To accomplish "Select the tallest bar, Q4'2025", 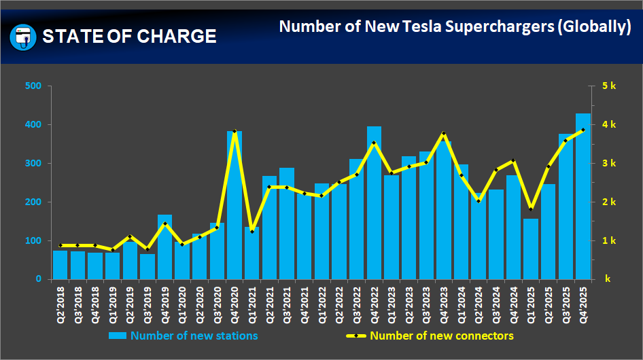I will pos(583,196).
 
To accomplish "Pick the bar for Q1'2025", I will pos(531,249).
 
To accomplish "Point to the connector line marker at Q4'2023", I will pos(443,134).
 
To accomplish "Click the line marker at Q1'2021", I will pos(252,232).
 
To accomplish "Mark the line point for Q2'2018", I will pos(60,245).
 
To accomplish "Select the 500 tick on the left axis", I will pos(33,86).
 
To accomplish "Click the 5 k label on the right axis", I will pos(608,86).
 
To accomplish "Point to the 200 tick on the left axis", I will pos(33,202).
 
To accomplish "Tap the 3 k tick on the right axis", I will pos(608,164).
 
